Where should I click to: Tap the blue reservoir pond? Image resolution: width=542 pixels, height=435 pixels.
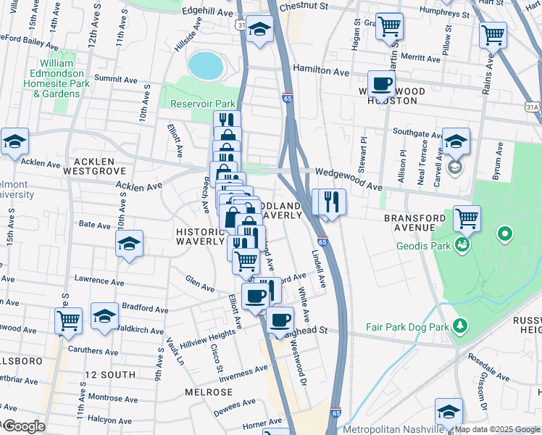[x=205, y=65]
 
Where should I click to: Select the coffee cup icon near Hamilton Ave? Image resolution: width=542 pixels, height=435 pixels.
[x=381, y=84]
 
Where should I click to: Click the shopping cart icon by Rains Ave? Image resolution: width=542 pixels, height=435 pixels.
[x=493, y=33]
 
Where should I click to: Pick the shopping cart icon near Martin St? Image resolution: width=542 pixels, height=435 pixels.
[x=390, y=27]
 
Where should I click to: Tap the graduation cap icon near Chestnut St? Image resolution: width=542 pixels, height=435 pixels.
[x=259, y=30]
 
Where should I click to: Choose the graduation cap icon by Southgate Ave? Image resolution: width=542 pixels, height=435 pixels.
[x=456, y=141]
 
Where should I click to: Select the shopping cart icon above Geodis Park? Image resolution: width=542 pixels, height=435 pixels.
[x=467, y=217]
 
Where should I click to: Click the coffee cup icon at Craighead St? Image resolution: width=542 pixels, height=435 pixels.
[x=280, y=320]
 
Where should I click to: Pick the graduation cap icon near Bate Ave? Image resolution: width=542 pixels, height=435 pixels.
[x=129, y=244]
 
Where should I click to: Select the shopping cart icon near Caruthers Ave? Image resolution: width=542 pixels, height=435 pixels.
[x=68, y=318]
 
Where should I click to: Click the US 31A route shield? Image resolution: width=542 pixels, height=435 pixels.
[x=533, y=107]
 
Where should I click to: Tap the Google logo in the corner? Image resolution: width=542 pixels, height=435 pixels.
[x=23, y=426]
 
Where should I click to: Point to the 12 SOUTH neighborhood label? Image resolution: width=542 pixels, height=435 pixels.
[x=109, y=375]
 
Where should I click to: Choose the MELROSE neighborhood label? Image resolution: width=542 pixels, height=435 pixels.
[x=208, y=392]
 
